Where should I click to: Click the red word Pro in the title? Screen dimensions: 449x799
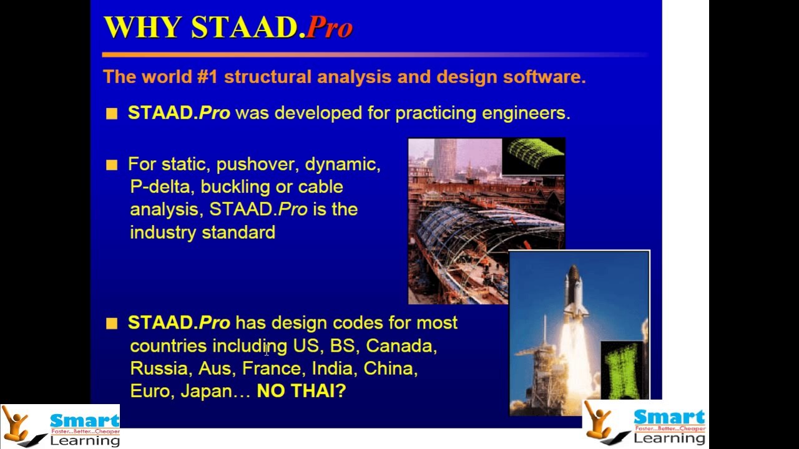[330, 28]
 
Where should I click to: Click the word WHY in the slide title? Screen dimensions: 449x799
[142, 28]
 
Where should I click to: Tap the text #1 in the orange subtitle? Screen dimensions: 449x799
[207, 77]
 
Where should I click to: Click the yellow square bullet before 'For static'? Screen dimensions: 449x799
[112, 165]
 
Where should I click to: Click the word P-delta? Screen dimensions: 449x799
[162, 187]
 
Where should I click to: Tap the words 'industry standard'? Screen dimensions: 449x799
[202, 233]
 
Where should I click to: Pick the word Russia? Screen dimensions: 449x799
[159, 369]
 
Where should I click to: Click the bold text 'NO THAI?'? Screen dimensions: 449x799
[301, 392]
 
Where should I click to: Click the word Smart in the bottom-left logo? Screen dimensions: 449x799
[84, 420]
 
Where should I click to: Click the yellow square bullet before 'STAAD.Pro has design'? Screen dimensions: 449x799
[112, 323]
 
